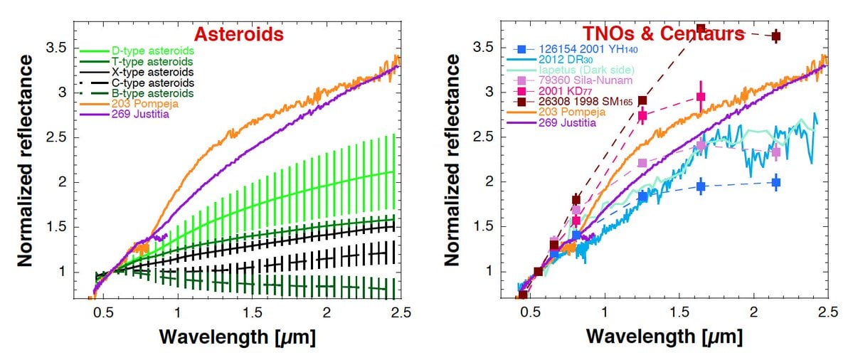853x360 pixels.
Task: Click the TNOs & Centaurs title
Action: click(x=663, y=34)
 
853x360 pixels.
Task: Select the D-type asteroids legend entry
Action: click(x=152, y=51)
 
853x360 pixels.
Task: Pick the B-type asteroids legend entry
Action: click(x=152, y=93)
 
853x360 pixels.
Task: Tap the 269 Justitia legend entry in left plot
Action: click(x=140, y=114)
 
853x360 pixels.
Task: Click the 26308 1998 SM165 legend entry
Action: click(x=595, y=102)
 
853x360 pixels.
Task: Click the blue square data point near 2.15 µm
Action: click(x=775, y=183)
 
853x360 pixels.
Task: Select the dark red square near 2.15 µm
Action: click(x=775, y=36)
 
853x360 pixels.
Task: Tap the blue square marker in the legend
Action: click(x=522, y=49)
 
